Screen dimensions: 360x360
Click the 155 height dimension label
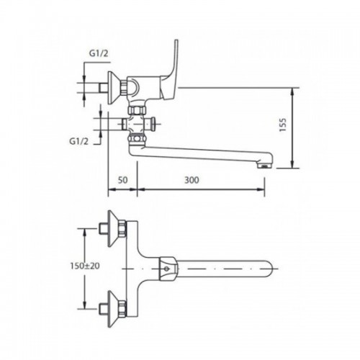[284, 125]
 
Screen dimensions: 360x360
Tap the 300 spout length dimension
[192, 180]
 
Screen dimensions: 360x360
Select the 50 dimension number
[122, 180]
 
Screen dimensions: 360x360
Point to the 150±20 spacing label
[85, 266]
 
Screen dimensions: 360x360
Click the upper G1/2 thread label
[99, 53]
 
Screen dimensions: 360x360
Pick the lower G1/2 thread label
[78, 142]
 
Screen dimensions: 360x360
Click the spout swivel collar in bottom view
[168, 269]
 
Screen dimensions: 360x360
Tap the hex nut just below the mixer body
[137, 110]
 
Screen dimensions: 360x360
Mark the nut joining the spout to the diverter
[137, 139]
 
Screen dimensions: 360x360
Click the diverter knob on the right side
[153, 124]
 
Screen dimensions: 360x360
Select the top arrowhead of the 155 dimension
[292, 91]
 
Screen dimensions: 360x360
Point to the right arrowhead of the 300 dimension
[261, 189]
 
